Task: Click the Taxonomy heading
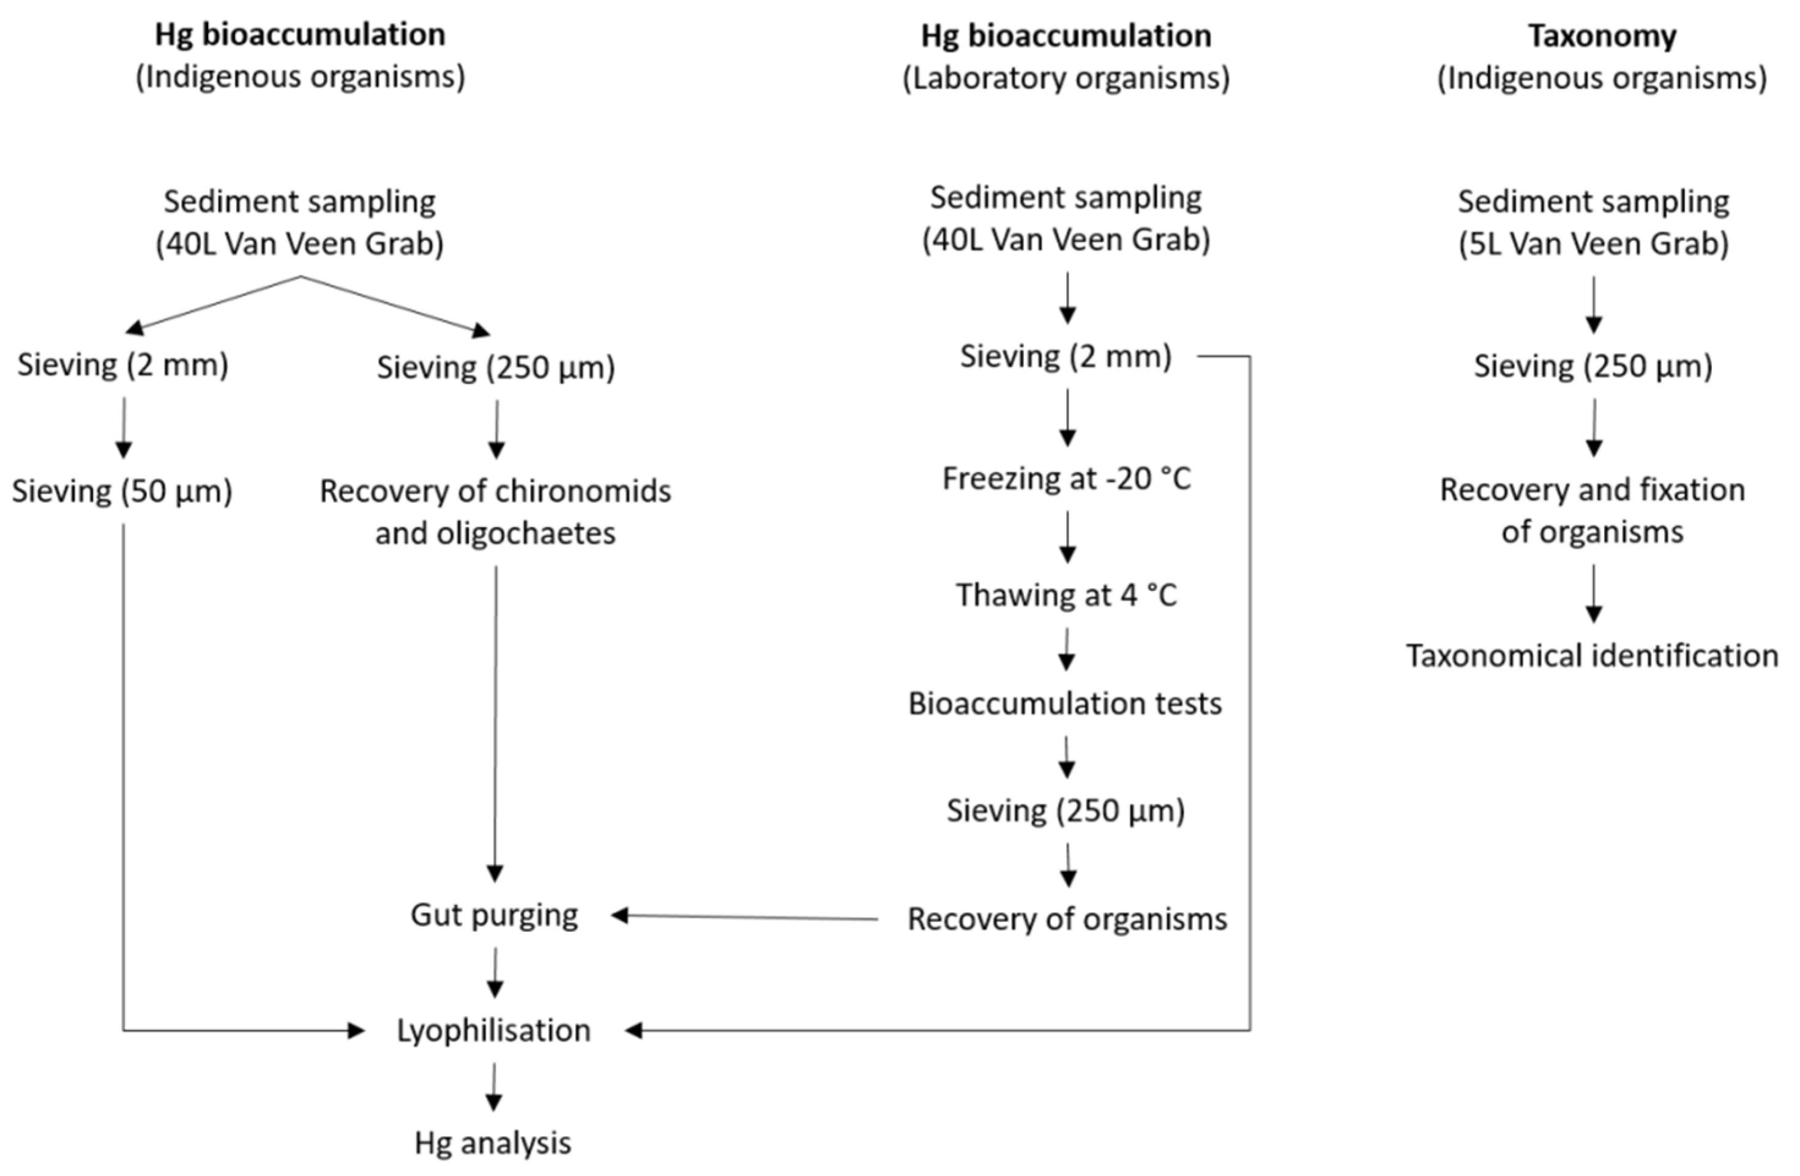pos(1602,36)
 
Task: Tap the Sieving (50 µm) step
pos(122,492)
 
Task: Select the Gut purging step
pos(495,915)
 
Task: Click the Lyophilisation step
pos(494,1031)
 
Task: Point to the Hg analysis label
pos(493,1143)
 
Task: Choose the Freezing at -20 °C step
pos(1066,479)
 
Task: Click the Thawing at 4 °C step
pos(1066,595)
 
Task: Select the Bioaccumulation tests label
pos(1065,704)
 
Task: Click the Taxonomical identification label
pos(1592,656)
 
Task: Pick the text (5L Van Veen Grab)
pos(1594,244)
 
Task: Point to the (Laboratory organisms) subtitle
pos(1066,78)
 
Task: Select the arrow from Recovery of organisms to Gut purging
pos(745,918)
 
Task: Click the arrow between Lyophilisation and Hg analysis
pos(494,1087)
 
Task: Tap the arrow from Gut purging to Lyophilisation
pos(495,973)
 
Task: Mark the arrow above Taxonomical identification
pos(1594,594)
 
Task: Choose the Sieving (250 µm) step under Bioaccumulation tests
pos(1066,811)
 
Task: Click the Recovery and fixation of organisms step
pos(1592,511)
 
